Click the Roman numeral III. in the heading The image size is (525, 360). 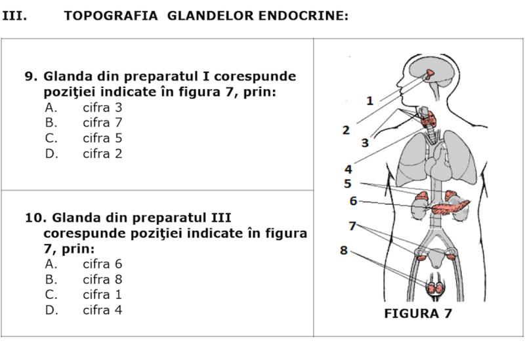pyautogui.click(x=14, y=16)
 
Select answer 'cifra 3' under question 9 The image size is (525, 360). pyautogui.click(x=102, y=107)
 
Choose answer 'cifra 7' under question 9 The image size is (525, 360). pyautogui.click(x=102, y=123)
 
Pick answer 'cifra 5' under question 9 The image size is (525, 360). pyautogui.click(x=102, y=138)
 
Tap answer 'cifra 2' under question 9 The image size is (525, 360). pyautogui.click(x=102, y=154)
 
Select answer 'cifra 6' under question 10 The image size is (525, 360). pyautogui.click(x=102, y=264)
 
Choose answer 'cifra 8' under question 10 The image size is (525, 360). pyautogui.click(x=102, y=279)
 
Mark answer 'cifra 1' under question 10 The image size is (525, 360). pyautogui.click(x=102, y=294)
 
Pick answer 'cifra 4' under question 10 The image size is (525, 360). pyautogui.click(x=102, y=310)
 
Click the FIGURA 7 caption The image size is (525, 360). pyautogui.click(x=418, y=313)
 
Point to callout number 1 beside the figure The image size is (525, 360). pyautogui.click(x=369, y=101)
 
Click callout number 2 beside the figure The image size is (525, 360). pyautogui.click(x=346, y=130)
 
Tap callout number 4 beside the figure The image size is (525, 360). pyautogui.click(x=348, y=169)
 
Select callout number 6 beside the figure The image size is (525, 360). pyautogui.click(x=352, y=201)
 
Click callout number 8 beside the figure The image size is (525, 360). pyautogui.click(x=343, y=250)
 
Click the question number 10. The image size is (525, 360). pyautogui.click(x=34, y=217)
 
